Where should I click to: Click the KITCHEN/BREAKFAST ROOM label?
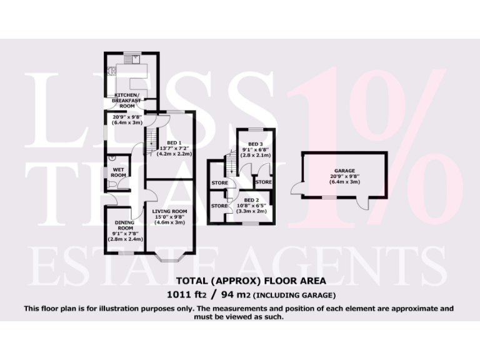tap(127, 100)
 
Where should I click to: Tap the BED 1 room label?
tap(166, 141)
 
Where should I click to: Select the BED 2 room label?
tap(253, 200)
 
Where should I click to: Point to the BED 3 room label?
tap(252, 144)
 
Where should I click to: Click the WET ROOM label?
tap(119, 172)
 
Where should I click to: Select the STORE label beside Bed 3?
tap(264, 182)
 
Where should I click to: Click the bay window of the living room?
tap(169, 257)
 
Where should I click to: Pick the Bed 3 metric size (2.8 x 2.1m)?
tap(254, 156)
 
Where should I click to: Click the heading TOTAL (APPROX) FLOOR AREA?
tap(240, 281)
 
